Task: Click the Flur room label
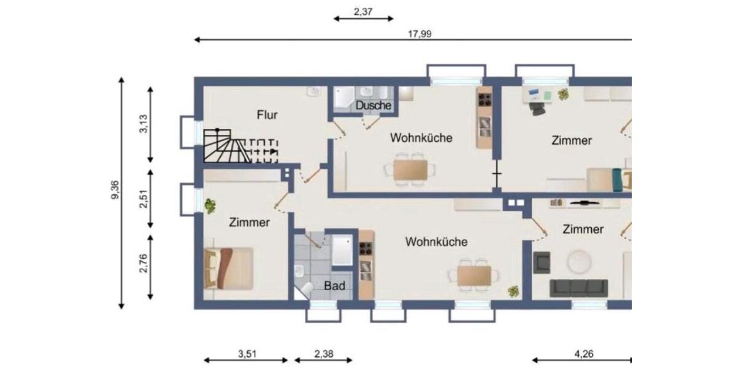pyautogui.click(x=267, y=114)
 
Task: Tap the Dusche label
pyautogui.click(x=373, y=105)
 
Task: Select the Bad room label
pyautogui.click(x=334, y=285)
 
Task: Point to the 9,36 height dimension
pyautogui.click(x=115, y=193)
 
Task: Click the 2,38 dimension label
pyautogui.click(x=324, y=354)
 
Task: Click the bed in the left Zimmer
pyautogui.click(x=230, y=268)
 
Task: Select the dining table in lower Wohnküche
pyautogui.click(x=474, y=275)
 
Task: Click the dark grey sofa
pyautogui.click(x=578, y=288)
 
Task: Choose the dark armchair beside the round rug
pyautogui.click(x=542, y=263)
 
